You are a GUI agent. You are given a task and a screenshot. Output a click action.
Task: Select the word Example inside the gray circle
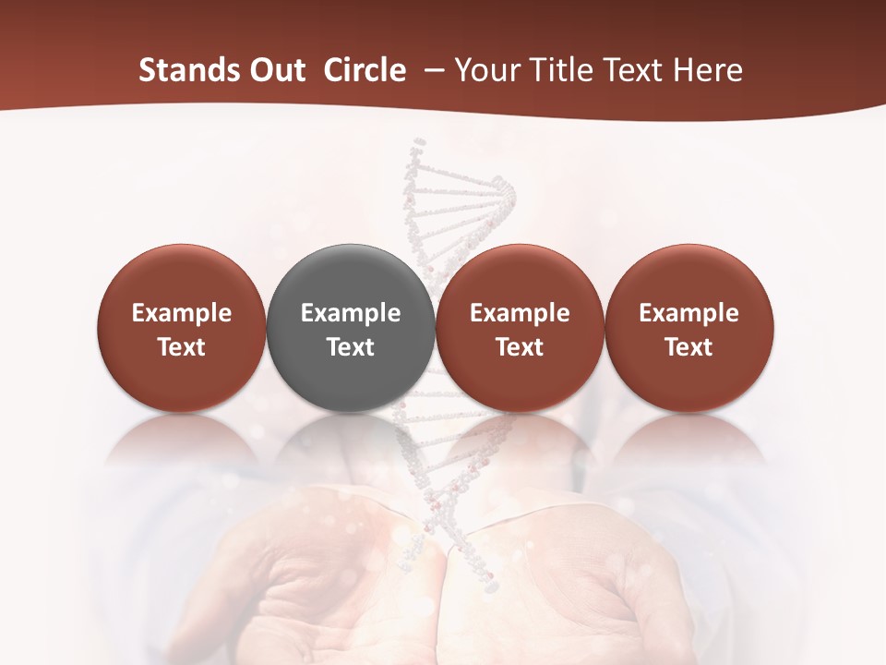pos(351,314)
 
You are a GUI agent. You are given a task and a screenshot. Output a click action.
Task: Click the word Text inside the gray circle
pos(351,347)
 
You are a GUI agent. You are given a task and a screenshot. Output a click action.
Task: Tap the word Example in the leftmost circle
pos(182,314)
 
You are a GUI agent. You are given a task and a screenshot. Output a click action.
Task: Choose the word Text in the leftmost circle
pos(182,347)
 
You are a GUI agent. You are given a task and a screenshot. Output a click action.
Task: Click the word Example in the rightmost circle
pos(689,314)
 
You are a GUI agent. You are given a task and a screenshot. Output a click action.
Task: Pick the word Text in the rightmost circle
pos(689,347)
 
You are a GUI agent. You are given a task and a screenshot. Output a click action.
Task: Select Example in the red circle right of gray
pos(520,314)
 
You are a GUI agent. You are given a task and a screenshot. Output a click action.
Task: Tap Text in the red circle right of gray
pos(520,347)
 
